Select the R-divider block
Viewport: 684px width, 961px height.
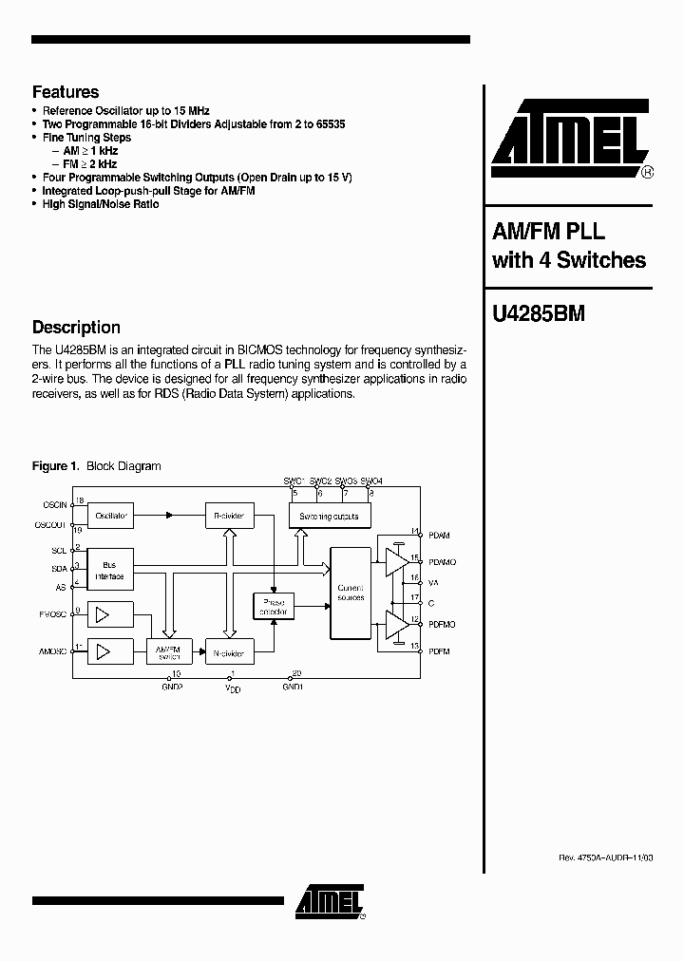tap(229, 516)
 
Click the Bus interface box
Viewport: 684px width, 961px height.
tap(109, 570)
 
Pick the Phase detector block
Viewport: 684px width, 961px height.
tap(274, 606)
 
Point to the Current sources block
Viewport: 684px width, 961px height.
tap(351, 593)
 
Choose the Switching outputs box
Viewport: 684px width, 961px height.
tap(330, 516)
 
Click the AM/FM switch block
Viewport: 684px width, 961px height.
tap(168, 651)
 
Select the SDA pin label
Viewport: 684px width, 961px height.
tap(59, 567)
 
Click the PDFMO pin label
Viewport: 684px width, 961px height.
tap(442, 624)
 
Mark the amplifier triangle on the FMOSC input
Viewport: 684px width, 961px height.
tap(103, 615)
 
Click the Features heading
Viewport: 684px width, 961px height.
tap(66, 92)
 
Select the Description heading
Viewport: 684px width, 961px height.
tap(76, 328)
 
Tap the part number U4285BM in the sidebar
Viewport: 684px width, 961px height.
tap(538, 314)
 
